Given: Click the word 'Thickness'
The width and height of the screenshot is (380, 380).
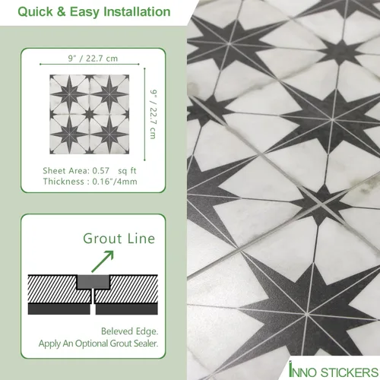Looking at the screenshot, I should [x=65, y=183].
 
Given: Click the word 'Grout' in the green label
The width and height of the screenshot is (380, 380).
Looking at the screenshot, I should [x=100, y=239].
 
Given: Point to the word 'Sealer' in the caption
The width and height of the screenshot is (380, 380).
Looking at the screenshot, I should [x=141, y=344].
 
